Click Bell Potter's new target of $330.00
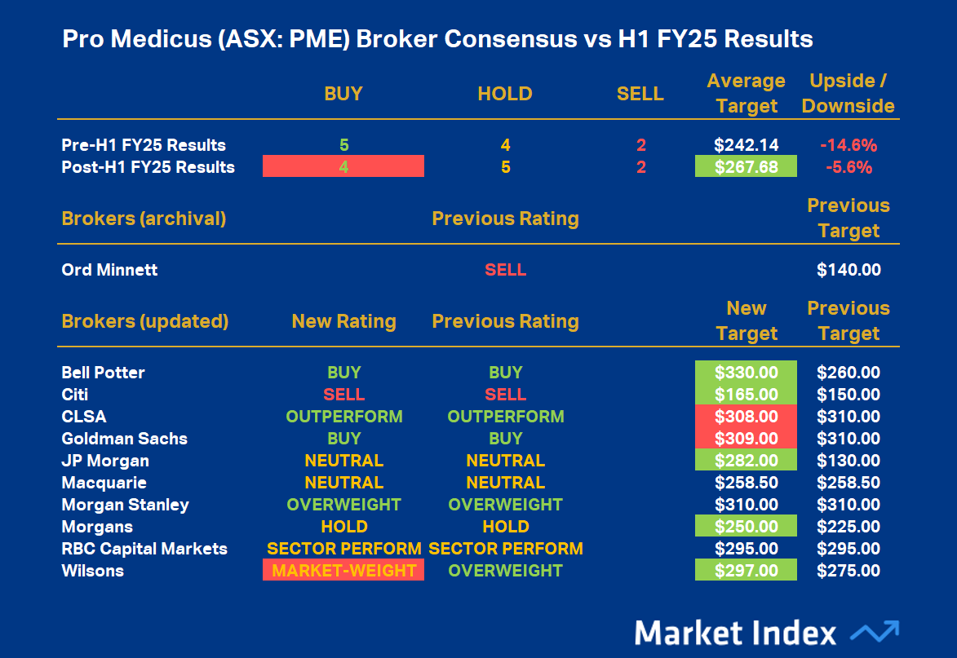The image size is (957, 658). (746, 373)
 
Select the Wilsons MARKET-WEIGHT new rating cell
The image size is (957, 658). (343, 571)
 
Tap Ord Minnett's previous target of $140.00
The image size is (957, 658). (848, 270)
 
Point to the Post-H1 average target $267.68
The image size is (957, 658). (746, 167)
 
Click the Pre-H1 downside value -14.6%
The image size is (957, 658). (848, 145)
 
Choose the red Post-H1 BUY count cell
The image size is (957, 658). (343, 167)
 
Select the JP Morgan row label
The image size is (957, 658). (105, 461)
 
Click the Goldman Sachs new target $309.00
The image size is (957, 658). (746, 439)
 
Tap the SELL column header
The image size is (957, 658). (640, 94)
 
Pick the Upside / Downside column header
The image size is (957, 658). (848, 94)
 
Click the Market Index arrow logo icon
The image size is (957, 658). (875, 632)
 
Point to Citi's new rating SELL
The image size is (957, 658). (343, 395)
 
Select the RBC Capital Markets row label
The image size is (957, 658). (144, 549)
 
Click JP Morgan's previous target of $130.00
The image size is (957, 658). (848, 461)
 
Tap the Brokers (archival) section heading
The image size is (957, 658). (144, 219)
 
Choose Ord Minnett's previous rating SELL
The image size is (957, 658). (505, 270)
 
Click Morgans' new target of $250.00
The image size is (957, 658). (746, 527)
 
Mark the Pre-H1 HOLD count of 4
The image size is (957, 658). (505, 145)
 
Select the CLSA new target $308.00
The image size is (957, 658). (746, 417)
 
